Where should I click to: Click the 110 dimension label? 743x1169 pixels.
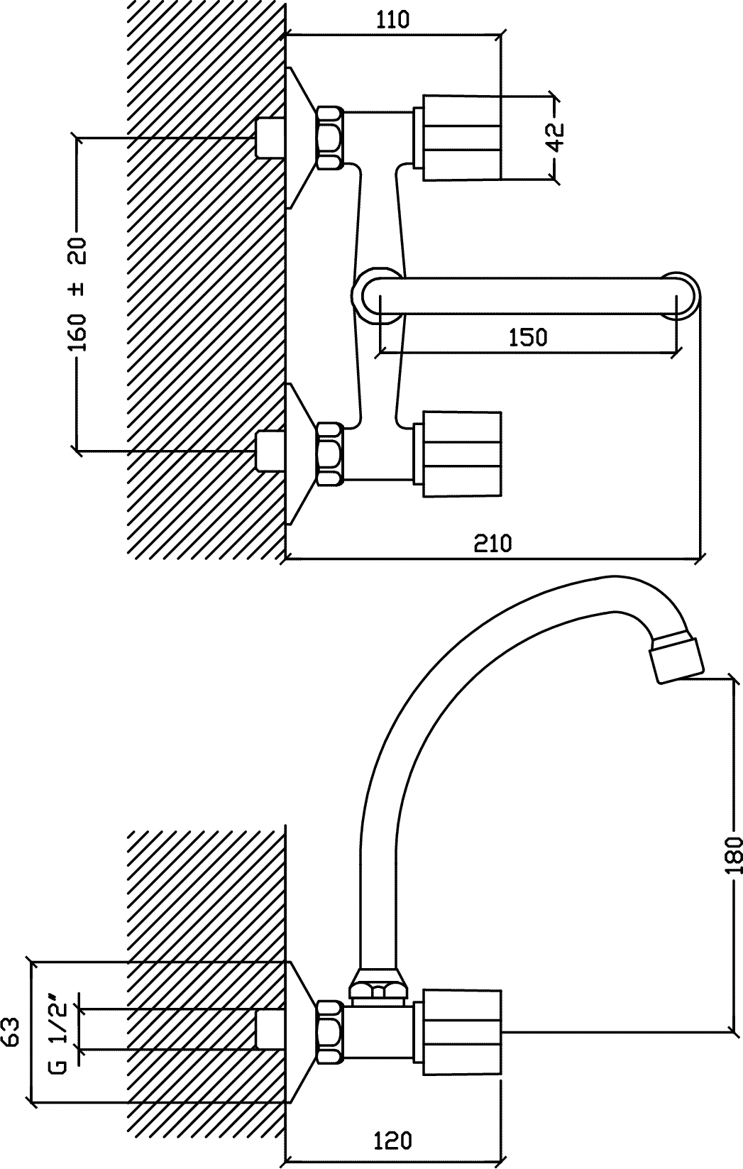point(393,20)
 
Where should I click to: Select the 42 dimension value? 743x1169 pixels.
point(557,137)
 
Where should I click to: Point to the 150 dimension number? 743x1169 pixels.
point(528,338)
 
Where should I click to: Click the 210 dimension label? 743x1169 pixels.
point(492,543)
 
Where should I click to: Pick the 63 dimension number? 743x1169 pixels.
point(11,1031)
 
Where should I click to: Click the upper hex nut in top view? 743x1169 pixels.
point(330,138)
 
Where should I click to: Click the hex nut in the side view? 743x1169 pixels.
point(330,1031)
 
